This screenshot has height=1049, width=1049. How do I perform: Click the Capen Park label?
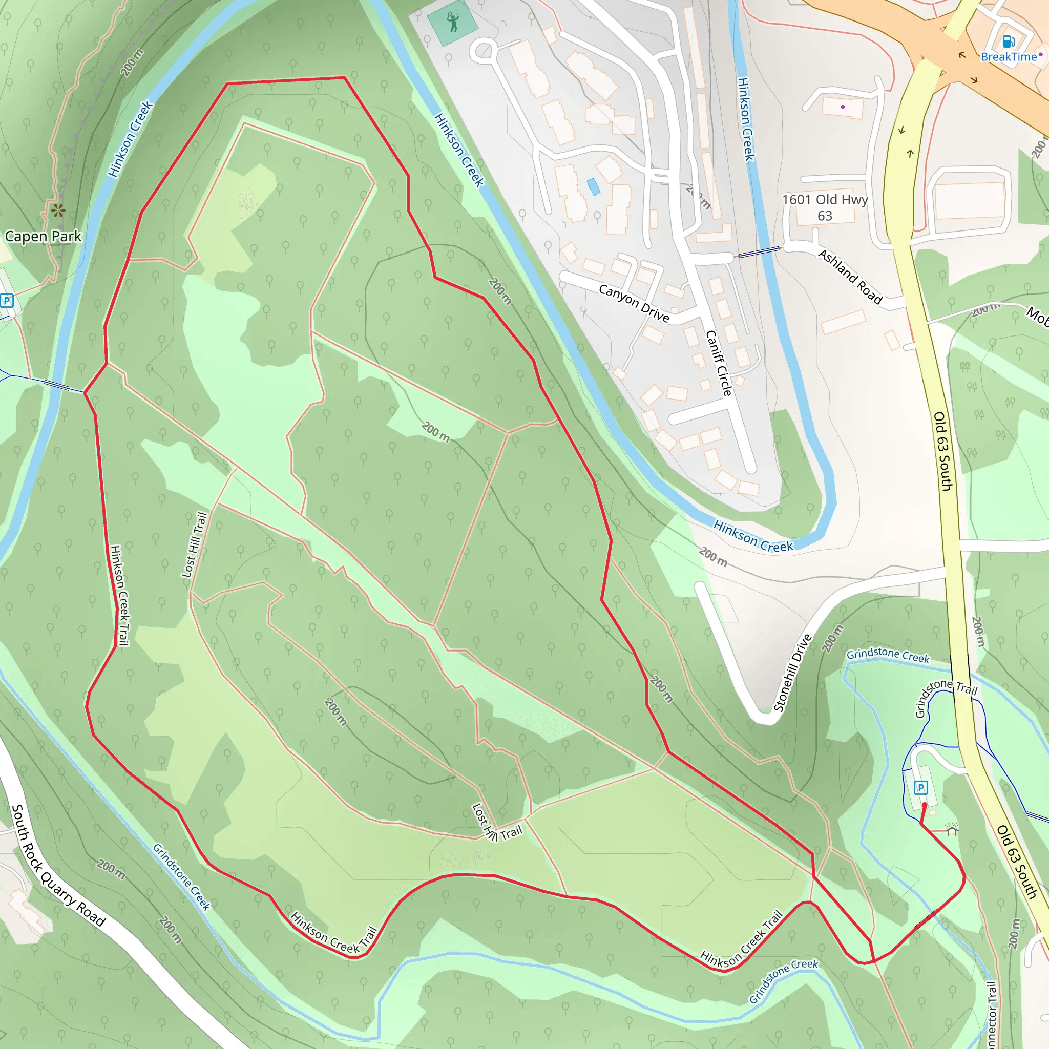[x=43, y=237]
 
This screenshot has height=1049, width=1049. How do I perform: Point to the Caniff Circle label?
[x=719, y=363]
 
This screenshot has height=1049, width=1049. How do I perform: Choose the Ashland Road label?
[x=850, y=277]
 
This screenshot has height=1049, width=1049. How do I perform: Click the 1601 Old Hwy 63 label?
[x=825, y=207]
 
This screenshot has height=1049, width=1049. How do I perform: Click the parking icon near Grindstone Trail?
[x=921, y=788]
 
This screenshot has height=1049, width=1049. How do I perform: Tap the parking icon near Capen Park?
[x=7, y=300]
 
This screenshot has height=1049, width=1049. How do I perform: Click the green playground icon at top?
[x=453, y=23]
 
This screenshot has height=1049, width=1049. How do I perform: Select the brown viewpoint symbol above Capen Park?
[x=58, y=210]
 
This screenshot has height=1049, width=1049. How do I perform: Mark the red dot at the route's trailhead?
[x=924, y=805]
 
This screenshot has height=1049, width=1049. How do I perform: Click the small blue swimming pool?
[x=593, y=186]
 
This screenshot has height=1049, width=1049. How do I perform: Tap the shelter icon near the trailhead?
[x=952, y=830]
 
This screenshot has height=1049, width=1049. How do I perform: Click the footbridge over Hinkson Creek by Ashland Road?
[x=759, y=251]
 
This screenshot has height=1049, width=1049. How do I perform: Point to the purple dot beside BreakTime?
[x=1041, y=55]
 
